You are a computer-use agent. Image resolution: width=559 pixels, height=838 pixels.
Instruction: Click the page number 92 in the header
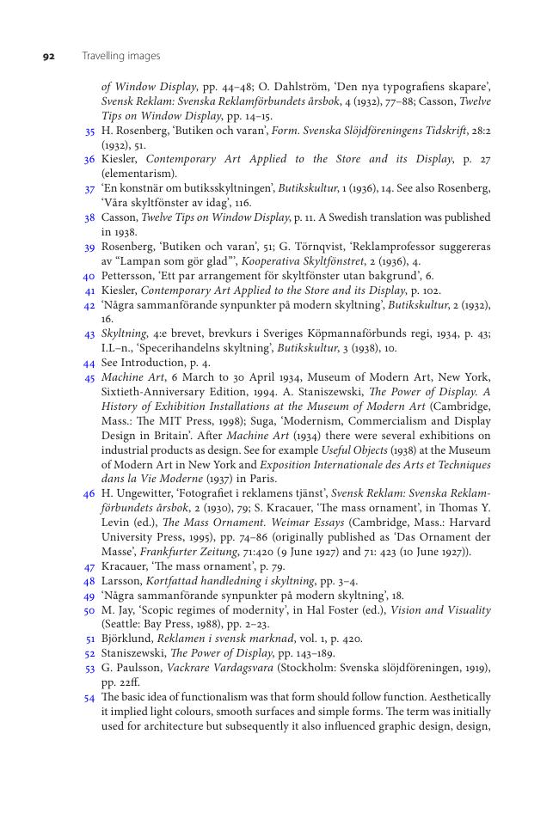click(x=49, y=56)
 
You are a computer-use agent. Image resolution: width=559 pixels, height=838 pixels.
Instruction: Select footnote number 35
click(x=89, y=132)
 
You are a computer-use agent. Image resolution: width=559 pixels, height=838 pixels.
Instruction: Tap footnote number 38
click(x=89, y=218)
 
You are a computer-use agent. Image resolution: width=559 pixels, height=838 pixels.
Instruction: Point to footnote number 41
click(x=89, y=291)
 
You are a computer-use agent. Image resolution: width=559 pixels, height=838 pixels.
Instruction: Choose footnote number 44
click(x=89, y=364)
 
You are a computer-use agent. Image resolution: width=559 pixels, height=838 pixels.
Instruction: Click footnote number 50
click(x=89, y=610)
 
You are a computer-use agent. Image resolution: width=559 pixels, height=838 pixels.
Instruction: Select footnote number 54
click(x=89, y=697)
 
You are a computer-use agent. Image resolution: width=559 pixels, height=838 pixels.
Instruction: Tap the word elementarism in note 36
click(x=139, y=174)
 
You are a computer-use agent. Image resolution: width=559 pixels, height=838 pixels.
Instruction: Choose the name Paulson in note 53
click(x=134, y=668)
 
